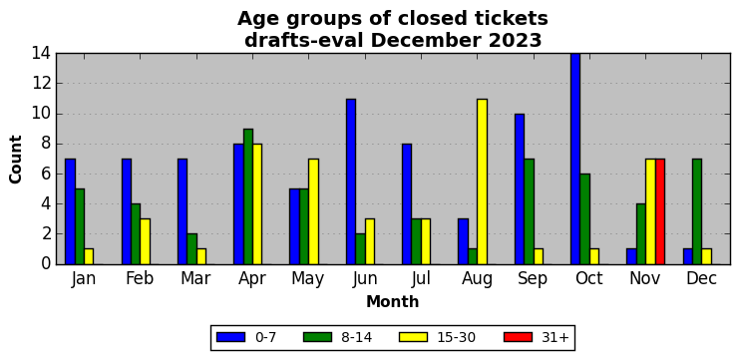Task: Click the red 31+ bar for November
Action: tap(660, 211)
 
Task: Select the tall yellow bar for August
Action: tap(482, 181)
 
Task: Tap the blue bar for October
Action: tap(575, 159)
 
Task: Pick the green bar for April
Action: tap(248, 196)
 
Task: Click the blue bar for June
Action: tap(351, 181)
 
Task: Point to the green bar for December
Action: tap(697, 211)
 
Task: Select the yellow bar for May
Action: tap(313, 211)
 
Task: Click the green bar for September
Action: tap(529, 211)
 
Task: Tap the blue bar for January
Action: tap(70, 211)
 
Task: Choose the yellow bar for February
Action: tap(146, 241)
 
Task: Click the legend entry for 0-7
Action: tap(246, 337)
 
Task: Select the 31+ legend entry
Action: tap(537, 337)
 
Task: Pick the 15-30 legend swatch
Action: tap(413, 337)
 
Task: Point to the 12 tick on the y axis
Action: tap(42, 84)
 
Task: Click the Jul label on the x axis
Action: tap(421, 279)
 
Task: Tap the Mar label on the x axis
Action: tap(195, 279)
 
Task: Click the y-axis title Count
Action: tap(16, 160)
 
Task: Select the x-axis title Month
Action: tap(393, 301)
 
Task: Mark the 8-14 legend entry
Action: tap(337, 337)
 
